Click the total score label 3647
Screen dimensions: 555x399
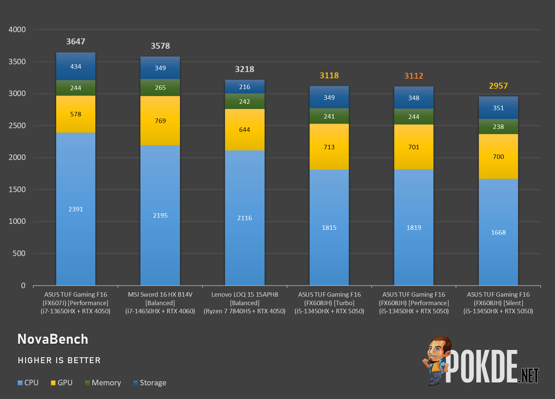[76, 41]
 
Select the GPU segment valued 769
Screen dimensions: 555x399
[160, 120]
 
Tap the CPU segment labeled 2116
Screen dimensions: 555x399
[245, 218]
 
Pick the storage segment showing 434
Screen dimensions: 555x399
[76, 66]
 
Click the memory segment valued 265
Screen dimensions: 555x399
[160, 88]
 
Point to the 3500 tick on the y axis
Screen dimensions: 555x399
[17, 61]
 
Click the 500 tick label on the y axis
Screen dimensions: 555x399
[19, 253]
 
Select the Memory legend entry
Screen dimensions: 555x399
[103, 383]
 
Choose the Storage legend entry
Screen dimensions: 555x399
[150, 383]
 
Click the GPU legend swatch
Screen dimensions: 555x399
[53, 383]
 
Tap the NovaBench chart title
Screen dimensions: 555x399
[53, 339]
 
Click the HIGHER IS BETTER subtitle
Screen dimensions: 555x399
[59, 360]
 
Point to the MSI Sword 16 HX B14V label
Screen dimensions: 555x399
[160, 294]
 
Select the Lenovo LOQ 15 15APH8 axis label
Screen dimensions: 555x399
[245, 294]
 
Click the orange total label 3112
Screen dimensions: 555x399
[413, 76]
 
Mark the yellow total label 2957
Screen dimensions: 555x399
[498, 86]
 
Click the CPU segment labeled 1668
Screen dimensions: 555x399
[498, 232]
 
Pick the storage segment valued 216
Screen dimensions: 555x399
[245, 87]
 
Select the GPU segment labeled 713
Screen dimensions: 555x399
[329, 147]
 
